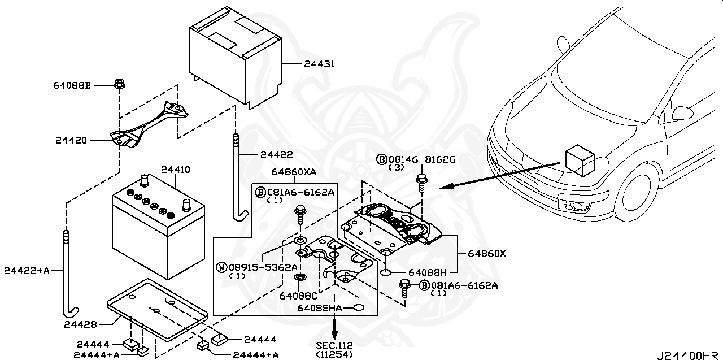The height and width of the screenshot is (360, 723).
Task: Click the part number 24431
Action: coord(319,64)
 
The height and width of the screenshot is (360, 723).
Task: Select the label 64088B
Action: coord(72,85)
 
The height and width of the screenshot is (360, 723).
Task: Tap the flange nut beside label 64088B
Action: coord(119,85)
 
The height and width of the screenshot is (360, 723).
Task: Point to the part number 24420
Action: coord(71,140)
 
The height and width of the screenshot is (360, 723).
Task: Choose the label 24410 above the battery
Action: coord(175,169)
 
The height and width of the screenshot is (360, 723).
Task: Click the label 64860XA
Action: coord(293,171)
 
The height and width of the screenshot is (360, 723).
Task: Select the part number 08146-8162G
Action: coord(421,160)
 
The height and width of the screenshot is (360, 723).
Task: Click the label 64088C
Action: coord(298,294)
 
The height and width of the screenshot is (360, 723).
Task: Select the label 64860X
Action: coord(487,254)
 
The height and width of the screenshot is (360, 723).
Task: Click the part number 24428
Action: coord(80,324)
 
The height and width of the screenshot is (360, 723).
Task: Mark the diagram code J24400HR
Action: coord(687,355)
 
